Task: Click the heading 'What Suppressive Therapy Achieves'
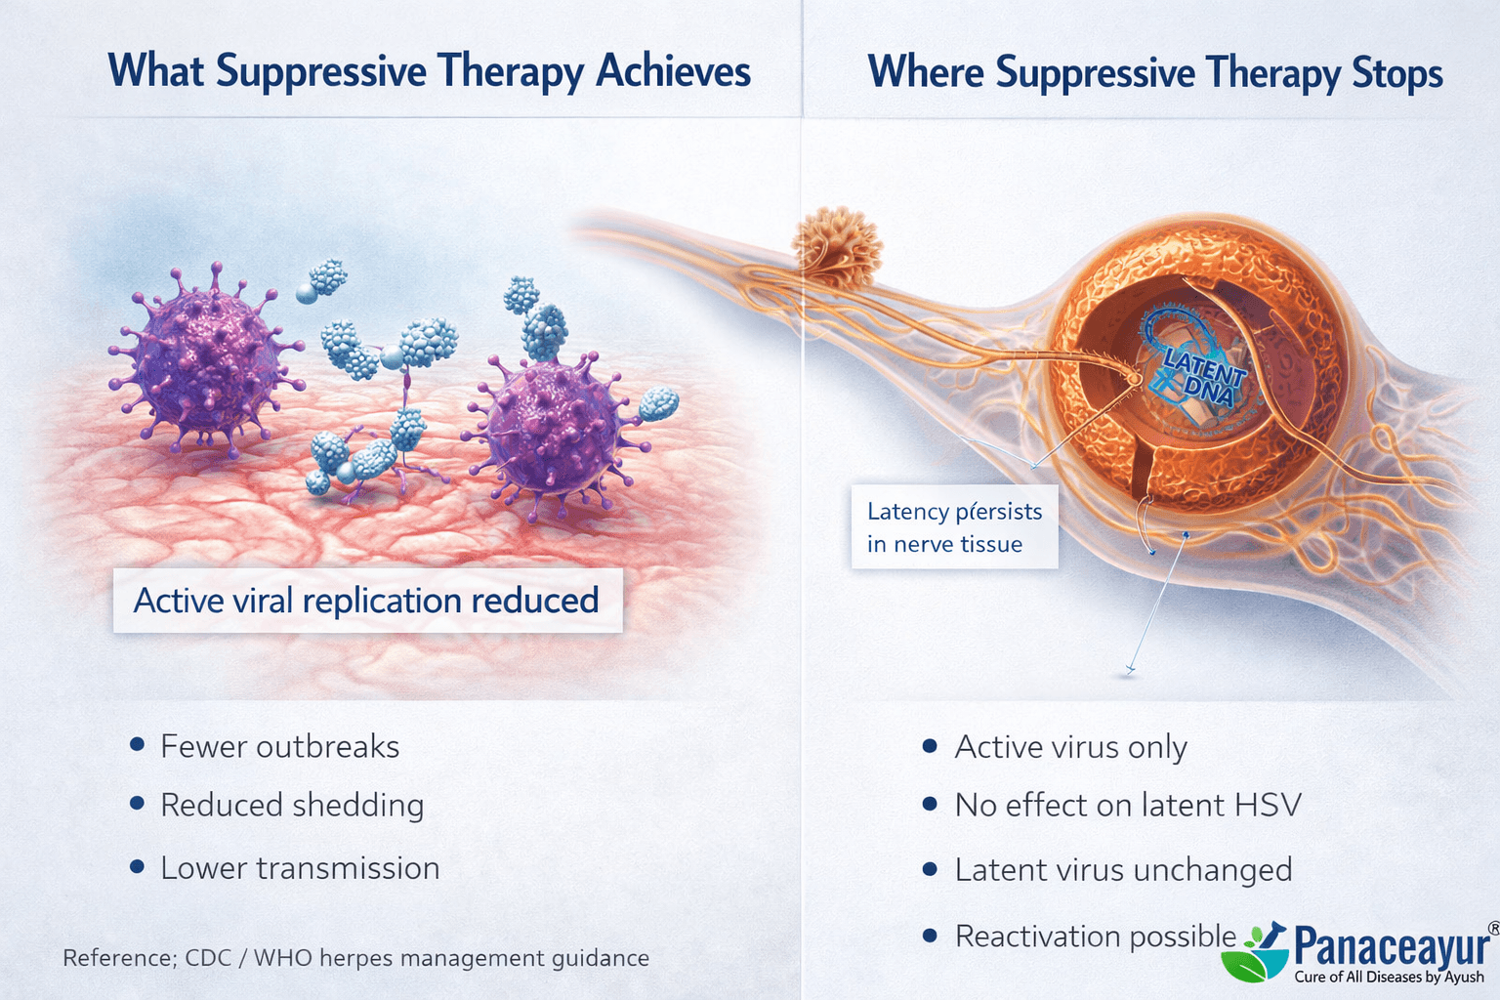point(429,71)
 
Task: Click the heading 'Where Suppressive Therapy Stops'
point(1154,73)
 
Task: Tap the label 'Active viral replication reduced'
point(366,601)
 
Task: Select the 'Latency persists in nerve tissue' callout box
point(954,527)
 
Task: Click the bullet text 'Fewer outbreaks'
point(279,747)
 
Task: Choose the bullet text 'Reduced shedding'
point(292,806)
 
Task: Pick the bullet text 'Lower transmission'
point(300,868)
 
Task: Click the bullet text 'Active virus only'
point(1070,747)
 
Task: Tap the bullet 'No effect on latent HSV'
point(1128,806)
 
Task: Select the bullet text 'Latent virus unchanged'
point(1123,869)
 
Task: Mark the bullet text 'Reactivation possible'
point(1096,937)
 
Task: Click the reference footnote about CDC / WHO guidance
point(355,958)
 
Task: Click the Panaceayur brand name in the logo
point(1392,945)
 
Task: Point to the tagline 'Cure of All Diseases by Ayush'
point(1389,977)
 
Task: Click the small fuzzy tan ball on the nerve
point(837,246)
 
